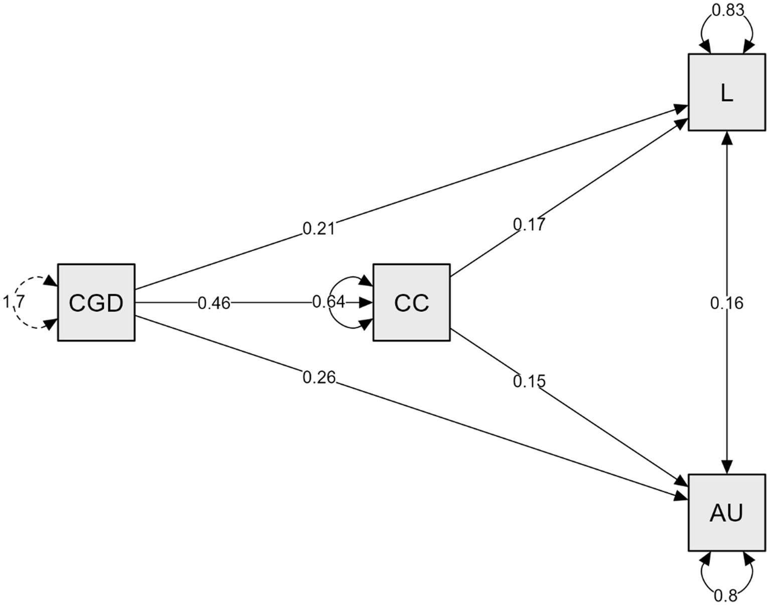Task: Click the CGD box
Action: tap(96, 302)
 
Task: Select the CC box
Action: tap(411, 302)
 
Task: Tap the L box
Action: tap(727, 92)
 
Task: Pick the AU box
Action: tap(727, 513)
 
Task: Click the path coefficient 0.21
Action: tap(319, 228)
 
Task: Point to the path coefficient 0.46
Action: tap(214, 303)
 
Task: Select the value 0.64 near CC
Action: tap(329, 302)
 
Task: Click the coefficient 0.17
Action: tap(529, 224)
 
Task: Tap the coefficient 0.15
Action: tap(529, 381)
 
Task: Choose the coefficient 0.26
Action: tap(319, 377)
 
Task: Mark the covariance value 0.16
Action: tap(727, 303)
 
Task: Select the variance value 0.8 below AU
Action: tap(726, 595)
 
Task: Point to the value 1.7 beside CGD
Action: tap(13, 302)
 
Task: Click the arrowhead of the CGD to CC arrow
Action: tap(366, 302)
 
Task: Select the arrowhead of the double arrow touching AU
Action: tap(727, 467)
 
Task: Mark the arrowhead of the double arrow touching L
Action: tap(727, 137)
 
